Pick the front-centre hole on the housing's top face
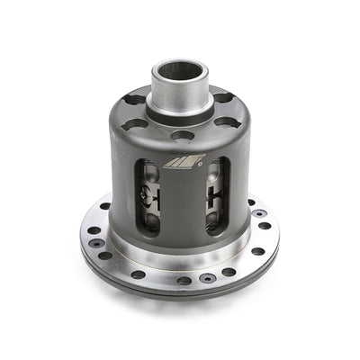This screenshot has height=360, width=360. click(183, 135)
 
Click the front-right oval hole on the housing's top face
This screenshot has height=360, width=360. click(226, 121)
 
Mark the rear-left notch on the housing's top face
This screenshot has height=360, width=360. click(134, 100)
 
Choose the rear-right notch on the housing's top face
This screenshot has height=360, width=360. click(221, 97)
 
